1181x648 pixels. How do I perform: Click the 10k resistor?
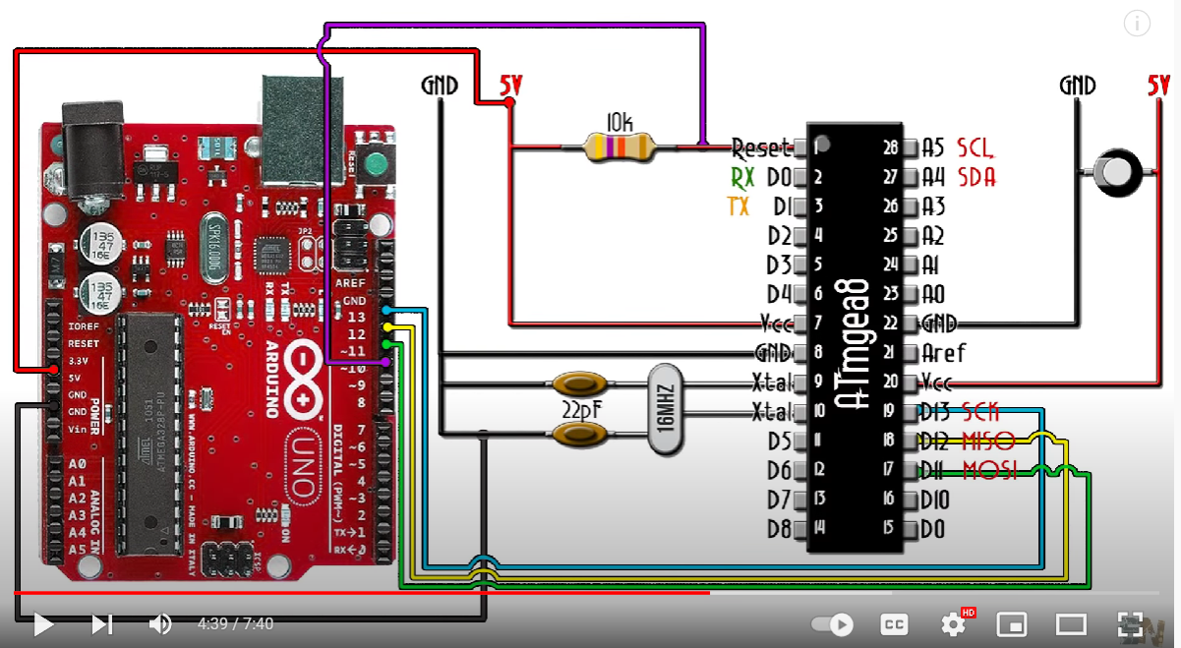click(618, 147)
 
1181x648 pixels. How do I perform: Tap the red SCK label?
click(979, 411)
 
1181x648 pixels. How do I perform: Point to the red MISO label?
click(987, 441)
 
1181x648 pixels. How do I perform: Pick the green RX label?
click(742, 177)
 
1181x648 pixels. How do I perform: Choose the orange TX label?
click(738, 206)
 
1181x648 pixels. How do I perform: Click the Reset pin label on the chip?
click(761, 148)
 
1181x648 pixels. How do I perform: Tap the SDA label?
click(975, 177)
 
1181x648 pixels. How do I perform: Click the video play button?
click(42, 623)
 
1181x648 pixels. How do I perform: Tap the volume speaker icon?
click(160, 623)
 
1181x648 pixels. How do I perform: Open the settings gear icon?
click(952, 623)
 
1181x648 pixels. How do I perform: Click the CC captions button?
click(894, 623)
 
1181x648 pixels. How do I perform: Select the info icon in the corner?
click(1137, 24)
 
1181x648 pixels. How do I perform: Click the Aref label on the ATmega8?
click(943, 352)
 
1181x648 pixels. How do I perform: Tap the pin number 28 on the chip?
click(891, 148)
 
